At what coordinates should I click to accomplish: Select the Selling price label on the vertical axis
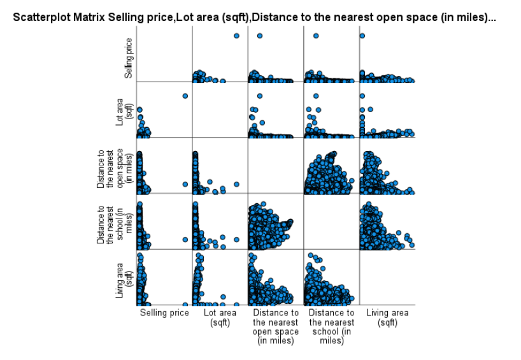coord(129,58)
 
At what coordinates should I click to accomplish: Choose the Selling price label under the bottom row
coord(164,313)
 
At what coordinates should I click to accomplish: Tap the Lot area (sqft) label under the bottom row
coord(220,317)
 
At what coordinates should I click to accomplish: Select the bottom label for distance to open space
coord(276,326)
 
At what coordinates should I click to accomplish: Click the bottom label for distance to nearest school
coord(331,326)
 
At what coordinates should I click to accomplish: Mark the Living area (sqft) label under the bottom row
coord(387,317)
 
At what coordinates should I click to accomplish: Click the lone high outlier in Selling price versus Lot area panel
coord(236,36)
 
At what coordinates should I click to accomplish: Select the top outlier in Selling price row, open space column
coord(259,36)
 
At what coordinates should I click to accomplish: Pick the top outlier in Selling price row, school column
coord(315,36)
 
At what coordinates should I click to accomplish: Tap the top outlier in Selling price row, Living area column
coord(362,36)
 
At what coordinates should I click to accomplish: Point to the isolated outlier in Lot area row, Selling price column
coord(185,96)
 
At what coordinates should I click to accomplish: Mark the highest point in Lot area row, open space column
coord(259,96)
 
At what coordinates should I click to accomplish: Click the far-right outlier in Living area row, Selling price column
coord(185,304)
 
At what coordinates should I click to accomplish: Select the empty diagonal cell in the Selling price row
coord(164,54)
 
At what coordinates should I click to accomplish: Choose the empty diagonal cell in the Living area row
coord(387,277)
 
